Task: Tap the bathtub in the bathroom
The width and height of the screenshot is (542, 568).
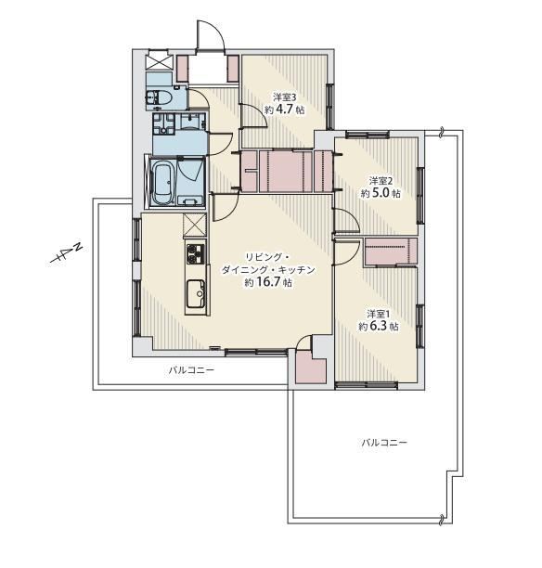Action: tap(162, 183)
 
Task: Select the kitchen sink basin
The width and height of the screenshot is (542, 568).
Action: tap(196, 293)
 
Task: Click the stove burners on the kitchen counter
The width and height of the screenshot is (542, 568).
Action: tap(195, 253)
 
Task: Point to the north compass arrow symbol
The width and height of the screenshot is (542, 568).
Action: tap(66, 255)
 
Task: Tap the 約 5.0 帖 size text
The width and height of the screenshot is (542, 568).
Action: tap(381, 193)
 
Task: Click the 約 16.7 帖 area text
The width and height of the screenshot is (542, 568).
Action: tap(268, 282)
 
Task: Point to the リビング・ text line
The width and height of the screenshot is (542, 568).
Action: tap(267, 257)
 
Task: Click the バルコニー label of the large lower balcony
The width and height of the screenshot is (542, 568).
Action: tap(384, 443)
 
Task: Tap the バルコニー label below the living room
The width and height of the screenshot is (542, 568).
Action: tap(191, 370)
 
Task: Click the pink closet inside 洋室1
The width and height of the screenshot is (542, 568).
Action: tap(390, 251)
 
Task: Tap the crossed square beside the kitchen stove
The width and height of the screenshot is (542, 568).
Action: tap(195, 225)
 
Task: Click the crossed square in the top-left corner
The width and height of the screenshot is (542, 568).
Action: tap(158, 60)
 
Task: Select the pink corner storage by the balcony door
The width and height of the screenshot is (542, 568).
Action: tap(311, 367)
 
